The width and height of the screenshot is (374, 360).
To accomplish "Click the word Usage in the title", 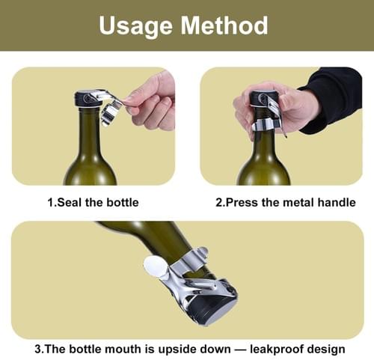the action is tap(135, 26).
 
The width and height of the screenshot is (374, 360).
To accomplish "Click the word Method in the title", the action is tap(224, 25).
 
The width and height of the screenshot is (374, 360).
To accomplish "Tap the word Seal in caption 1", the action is tap(70, 202).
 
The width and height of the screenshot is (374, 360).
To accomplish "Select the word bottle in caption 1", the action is tap(123, 202).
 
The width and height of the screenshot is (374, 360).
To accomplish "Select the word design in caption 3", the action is tap(326, 350).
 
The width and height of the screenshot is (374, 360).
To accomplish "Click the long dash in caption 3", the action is tap(240, 350).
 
